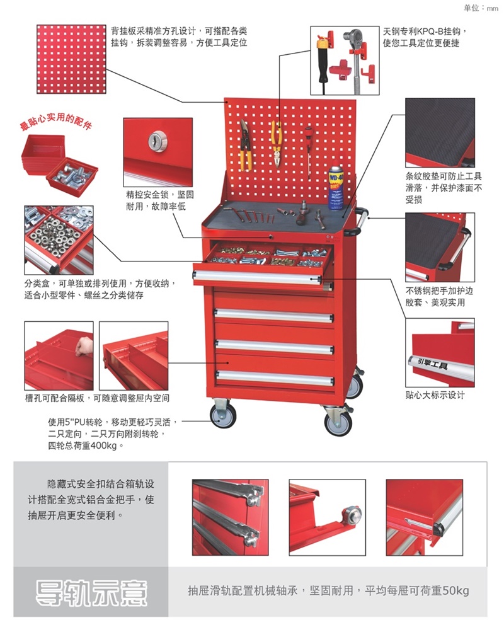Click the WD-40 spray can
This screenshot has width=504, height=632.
[x=336, y=187]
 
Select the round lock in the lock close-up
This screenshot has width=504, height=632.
[x=156, y=142]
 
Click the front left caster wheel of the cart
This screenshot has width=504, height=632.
[x=223, y=415]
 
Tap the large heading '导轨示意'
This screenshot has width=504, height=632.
[x=91, y=592]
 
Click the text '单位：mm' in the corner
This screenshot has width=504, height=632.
[x=481, y=8]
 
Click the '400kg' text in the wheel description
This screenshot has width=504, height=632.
[x=103, y=445]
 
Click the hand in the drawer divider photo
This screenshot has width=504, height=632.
[x=84, y=346]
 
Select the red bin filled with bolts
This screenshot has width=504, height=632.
[x=72, y=177]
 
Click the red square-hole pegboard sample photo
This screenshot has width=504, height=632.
[x=72, y=59]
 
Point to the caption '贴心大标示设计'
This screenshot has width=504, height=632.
[x=435, y=395]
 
